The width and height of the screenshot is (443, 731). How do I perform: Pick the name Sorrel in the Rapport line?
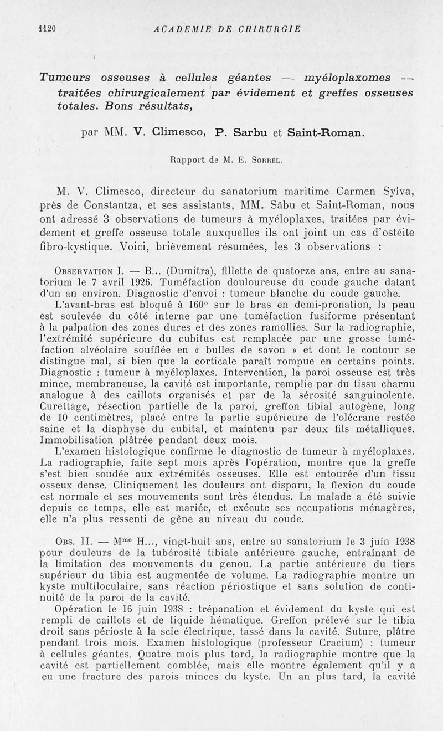pyautogui.click(x=268, y=161)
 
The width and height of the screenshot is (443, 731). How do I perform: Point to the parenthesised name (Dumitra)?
pyautogui.click(x=179, y=271)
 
